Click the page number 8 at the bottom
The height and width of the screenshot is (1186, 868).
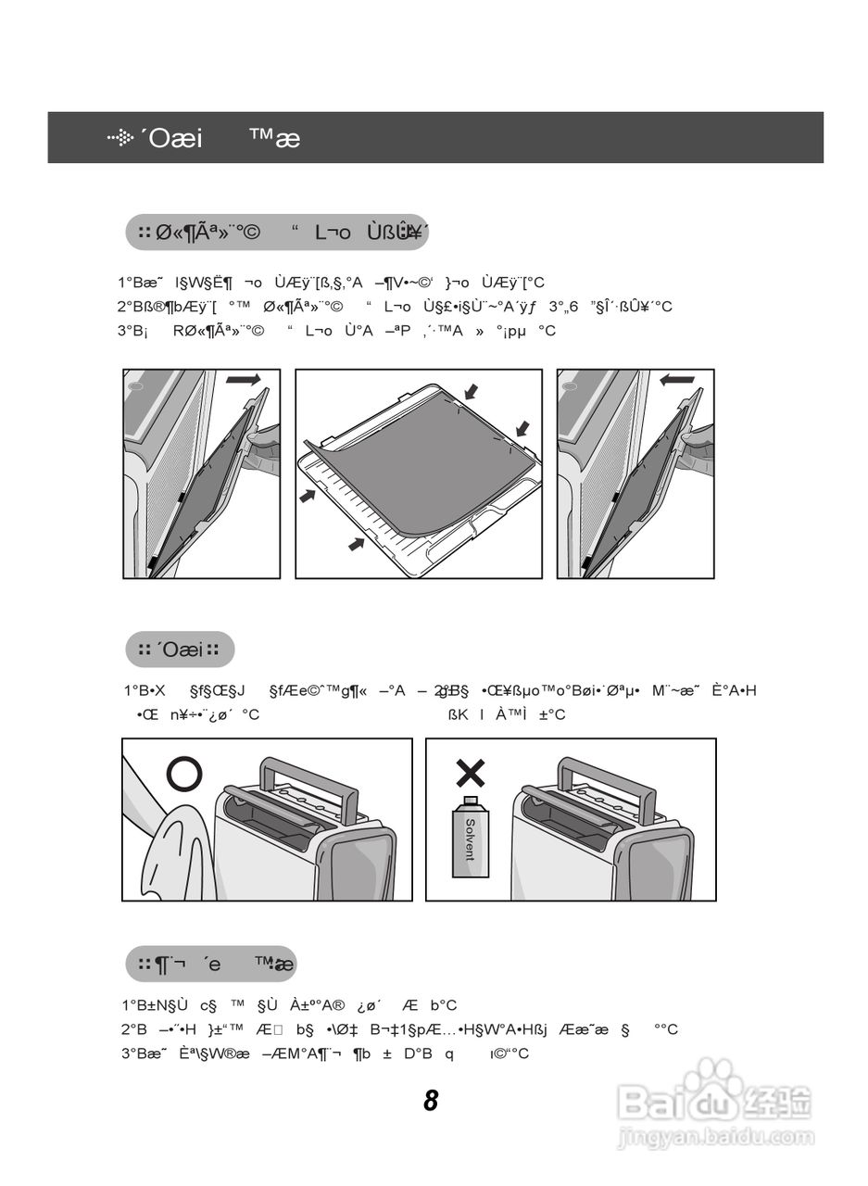tap(431, 1101)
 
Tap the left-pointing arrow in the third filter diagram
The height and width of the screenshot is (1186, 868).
tap(677, 379)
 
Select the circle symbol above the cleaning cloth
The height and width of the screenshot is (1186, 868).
tap(183, 773)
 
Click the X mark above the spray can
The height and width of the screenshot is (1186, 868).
tap(471, 772)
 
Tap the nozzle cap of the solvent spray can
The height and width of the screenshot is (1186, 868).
tap(470, 801)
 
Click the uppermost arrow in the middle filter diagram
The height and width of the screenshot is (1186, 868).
tap(472, 392)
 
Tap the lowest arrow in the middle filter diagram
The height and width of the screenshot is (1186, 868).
tap(357, 543)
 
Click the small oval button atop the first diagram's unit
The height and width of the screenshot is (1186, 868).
tap(134, 385)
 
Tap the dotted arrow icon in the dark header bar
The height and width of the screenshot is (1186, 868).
tap(120, 138)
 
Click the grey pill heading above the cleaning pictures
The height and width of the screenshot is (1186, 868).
tap(180, 650)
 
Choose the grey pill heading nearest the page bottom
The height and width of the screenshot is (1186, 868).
tap(211, 965)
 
